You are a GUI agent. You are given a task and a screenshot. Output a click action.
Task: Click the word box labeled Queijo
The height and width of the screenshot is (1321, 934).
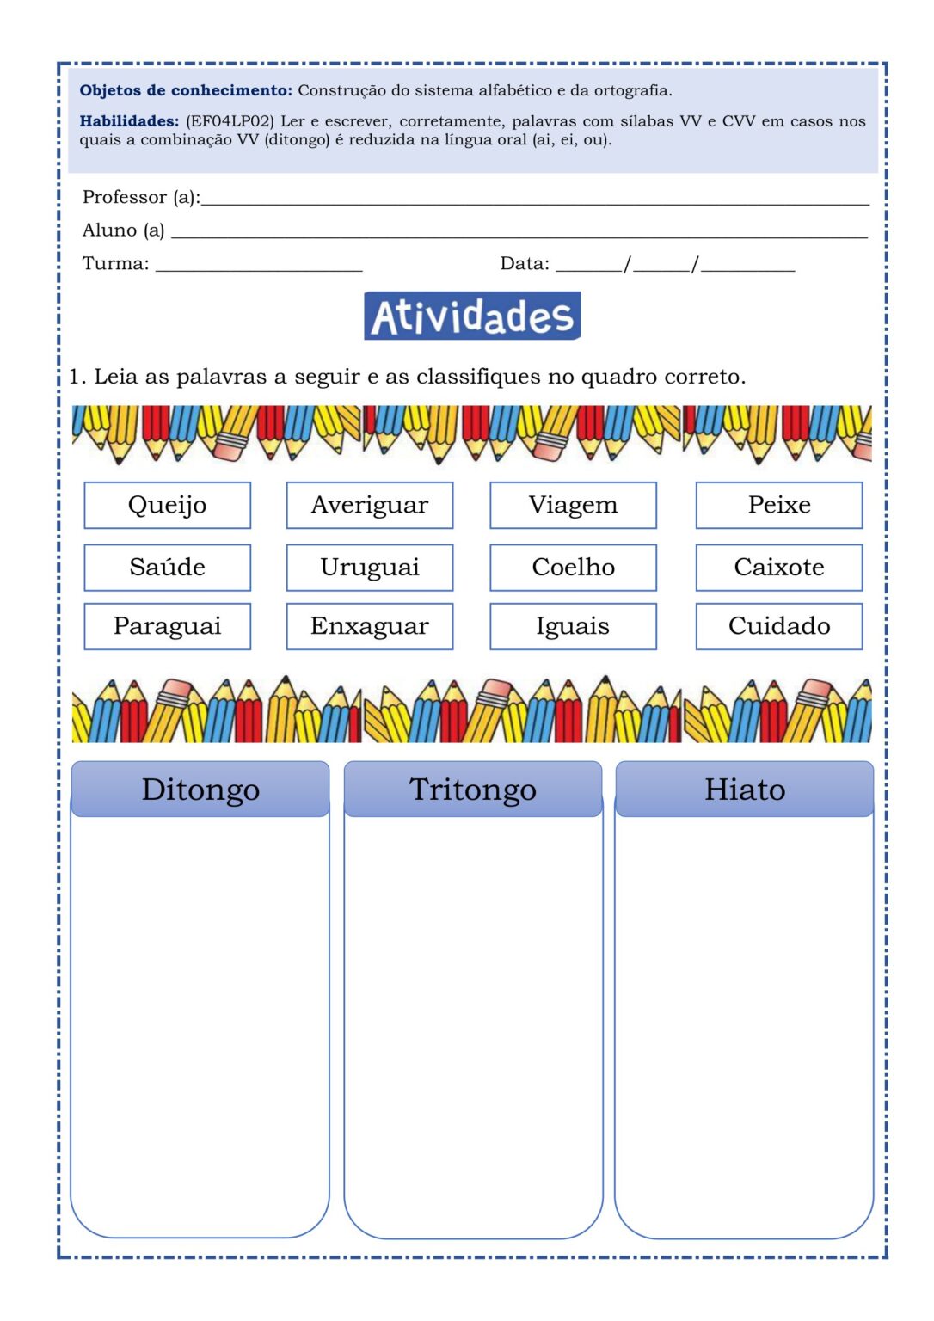(167, 505)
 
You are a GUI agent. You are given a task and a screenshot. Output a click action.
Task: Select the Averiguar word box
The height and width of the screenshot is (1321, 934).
(369, 505)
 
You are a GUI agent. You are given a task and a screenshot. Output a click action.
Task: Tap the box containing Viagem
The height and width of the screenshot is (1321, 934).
(573, 505)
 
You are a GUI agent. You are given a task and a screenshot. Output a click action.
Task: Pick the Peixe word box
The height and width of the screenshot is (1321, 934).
(778, 505)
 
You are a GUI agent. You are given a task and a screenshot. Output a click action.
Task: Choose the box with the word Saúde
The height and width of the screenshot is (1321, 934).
(167, 567)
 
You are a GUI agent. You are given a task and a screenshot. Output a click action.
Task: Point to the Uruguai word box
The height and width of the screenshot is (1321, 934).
(369, 567)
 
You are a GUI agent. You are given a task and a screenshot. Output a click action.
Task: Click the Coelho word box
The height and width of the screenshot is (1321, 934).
(573, 567)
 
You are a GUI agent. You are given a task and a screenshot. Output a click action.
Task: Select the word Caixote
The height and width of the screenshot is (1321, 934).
(778, 567)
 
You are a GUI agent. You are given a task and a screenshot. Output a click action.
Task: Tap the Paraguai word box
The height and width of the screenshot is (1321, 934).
(167, 626)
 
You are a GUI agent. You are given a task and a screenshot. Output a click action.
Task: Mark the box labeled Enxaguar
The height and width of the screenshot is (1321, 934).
(369, 626)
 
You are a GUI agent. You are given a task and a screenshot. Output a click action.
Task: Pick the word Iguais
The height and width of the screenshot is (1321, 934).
(573, 626)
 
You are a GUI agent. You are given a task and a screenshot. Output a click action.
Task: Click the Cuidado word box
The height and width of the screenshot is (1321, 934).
(778, 626)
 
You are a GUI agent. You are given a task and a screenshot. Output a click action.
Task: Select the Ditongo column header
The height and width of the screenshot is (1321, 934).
(200, 789)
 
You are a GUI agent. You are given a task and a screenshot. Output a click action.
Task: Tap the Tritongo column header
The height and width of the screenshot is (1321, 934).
(472, 789)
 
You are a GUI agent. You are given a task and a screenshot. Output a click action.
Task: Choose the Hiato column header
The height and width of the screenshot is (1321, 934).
(745, 789)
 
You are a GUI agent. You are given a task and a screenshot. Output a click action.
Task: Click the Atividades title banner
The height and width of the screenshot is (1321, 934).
(472, 316)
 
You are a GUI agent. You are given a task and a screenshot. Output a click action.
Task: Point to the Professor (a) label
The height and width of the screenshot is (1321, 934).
(141, 197)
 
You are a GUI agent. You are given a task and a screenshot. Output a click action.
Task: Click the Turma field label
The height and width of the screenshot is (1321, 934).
(115, 263)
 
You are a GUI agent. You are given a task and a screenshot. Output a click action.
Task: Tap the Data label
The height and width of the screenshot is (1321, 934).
(525, 263)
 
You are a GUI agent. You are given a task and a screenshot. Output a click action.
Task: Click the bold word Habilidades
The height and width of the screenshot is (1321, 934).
(129, 121)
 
